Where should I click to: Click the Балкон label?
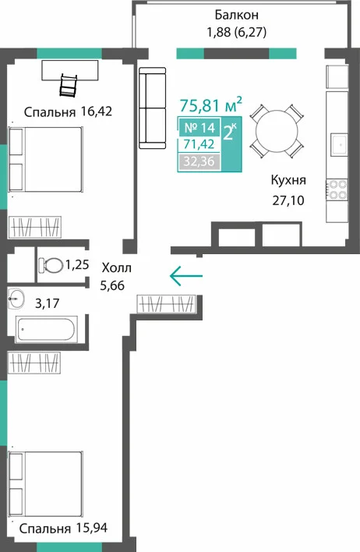pyautogui.click(x=236, y=15)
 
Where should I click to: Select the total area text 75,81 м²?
pyautogui.click(x=211, y=104)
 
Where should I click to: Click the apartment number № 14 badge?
pyautogui.click(x=199, y=127)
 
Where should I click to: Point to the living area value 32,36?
pyautogui.click(x=199, y=161)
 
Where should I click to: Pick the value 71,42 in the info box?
pyautogui.click(x=199, y=144)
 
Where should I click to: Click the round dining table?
pyautogui.click(x=277, y=131)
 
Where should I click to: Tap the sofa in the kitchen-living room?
pyautogui.click(x=153, y=108)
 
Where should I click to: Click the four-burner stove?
pyautogui.click(x=337, y=189)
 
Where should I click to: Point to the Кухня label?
pyautogui.click(x=288, y=180)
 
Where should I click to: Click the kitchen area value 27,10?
pyautogui.click(x=288, y=200)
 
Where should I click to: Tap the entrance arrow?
pyautogui.click(x=186, y=276)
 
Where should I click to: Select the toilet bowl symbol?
pyautogui.click(x=51, y=265)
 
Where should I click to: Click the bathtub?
pyautogui.click(x=46, y=329)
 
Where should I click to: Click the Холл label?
pyautogui.click(x=116, y=268)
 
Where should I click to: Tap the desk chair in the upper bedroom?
pyautogui.click(x=69, y=85)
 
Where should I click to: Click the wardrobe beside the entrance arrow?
pyautogui.click(x=166, y=304)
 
